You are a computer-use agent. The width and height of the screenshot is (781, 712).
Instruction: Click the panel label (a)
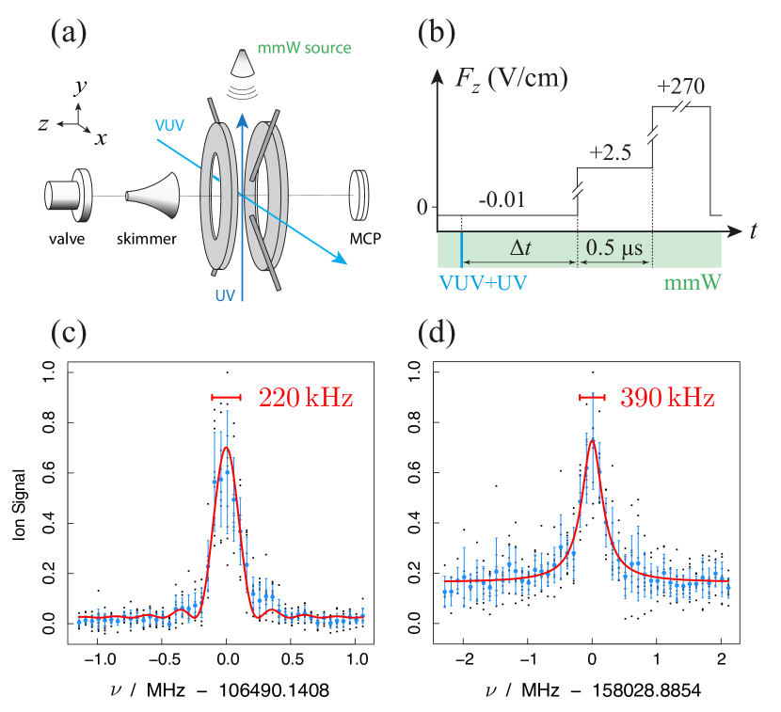point(68,35)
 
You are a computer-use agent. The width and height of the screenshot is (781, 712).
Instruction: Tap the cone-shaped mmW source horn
point(243,62)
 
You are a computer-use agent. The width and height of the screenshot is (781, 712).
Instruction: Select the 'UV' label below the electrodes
point(225,295)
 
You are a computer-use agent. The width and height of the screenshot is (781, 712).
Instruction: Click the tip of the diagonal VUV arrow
point(346,262)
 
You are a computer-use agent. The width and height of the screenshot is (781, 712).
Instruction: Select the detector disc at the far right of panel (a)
point(359,194)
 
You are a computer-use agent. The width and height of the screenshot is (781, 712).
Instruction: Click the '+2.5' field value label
point(613,152)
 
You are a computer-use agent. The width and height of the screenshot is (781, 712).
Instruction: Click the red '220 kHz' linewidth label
point(306,399)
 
